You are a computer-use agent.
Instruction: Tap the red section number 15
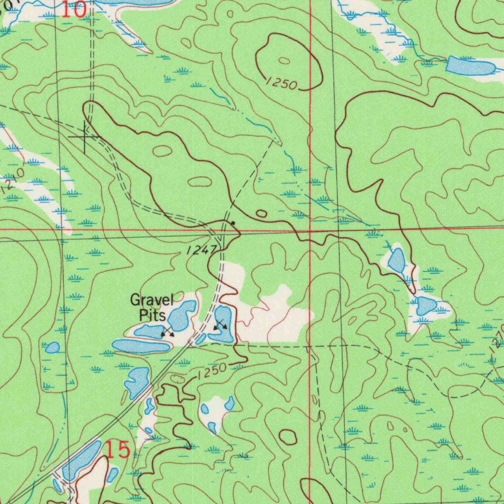pyautogui.click(x=118, y=450)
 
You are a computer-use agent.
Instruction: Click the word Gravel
pyautogui.click(x=152, y=299)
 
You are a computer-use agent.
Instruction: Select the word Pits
pyautogui.click(x=152, y=315)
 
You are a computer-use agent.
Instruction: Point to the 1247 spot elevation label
pyautogui.click(x=201, y=251)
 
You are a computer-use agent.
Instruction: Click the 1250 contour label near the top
pyautogui.click(x=281, y=83)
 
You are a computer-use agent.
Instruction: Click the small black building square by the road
pyautogui.click(x=233, y=223)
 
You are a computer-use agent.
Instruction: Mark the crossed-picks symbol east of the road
pyautogui.click(x=220, y=324)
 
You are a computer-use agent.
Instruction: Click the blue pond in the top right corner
pyautogui.click(x=470, y=66)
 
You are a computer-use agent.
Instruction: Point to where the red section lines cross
pyautogui.click(x=310, y=230)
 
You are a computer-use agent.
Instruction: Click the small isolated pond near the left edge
pyautogui.click(x=53, y=347)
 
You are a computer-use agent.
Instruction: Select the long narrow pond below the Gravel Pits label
pyautogui.click(x=141, y=346)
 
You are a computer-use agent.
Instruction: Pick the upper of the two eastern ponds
pyautogui.click(x=397, y=260)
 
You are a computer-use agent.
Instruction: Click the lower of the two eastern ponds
pyautogui.click(x=425, y=306)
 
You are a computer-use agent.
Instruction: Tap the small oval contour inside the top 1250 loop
pyautogui.click(x=284, y=61)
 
